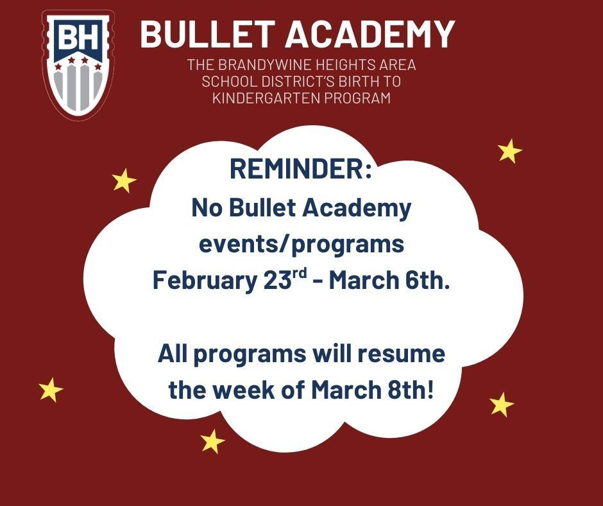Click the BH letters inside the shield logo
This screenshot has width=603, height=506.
pyautogui.click(x=77, y=39)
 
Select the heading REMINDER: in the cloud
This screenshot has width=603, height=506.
pyautogui.click(x=301, y=170)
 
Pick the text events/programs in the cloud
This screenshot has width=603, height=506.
pyautogui.click(x=301, y=245)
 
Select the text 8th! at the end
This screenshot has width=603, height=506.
pyautogui.click(x=409, y=390)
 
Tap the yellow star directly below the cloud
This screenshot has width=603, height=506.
pyautogui.click(x=212, y=441)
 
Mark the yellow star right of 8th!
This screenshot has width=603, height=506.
pyautogui.click(x=502, y=405)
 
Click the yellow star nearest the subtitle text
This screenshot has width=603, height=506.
pyautogui.click(x=510, y=152)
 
